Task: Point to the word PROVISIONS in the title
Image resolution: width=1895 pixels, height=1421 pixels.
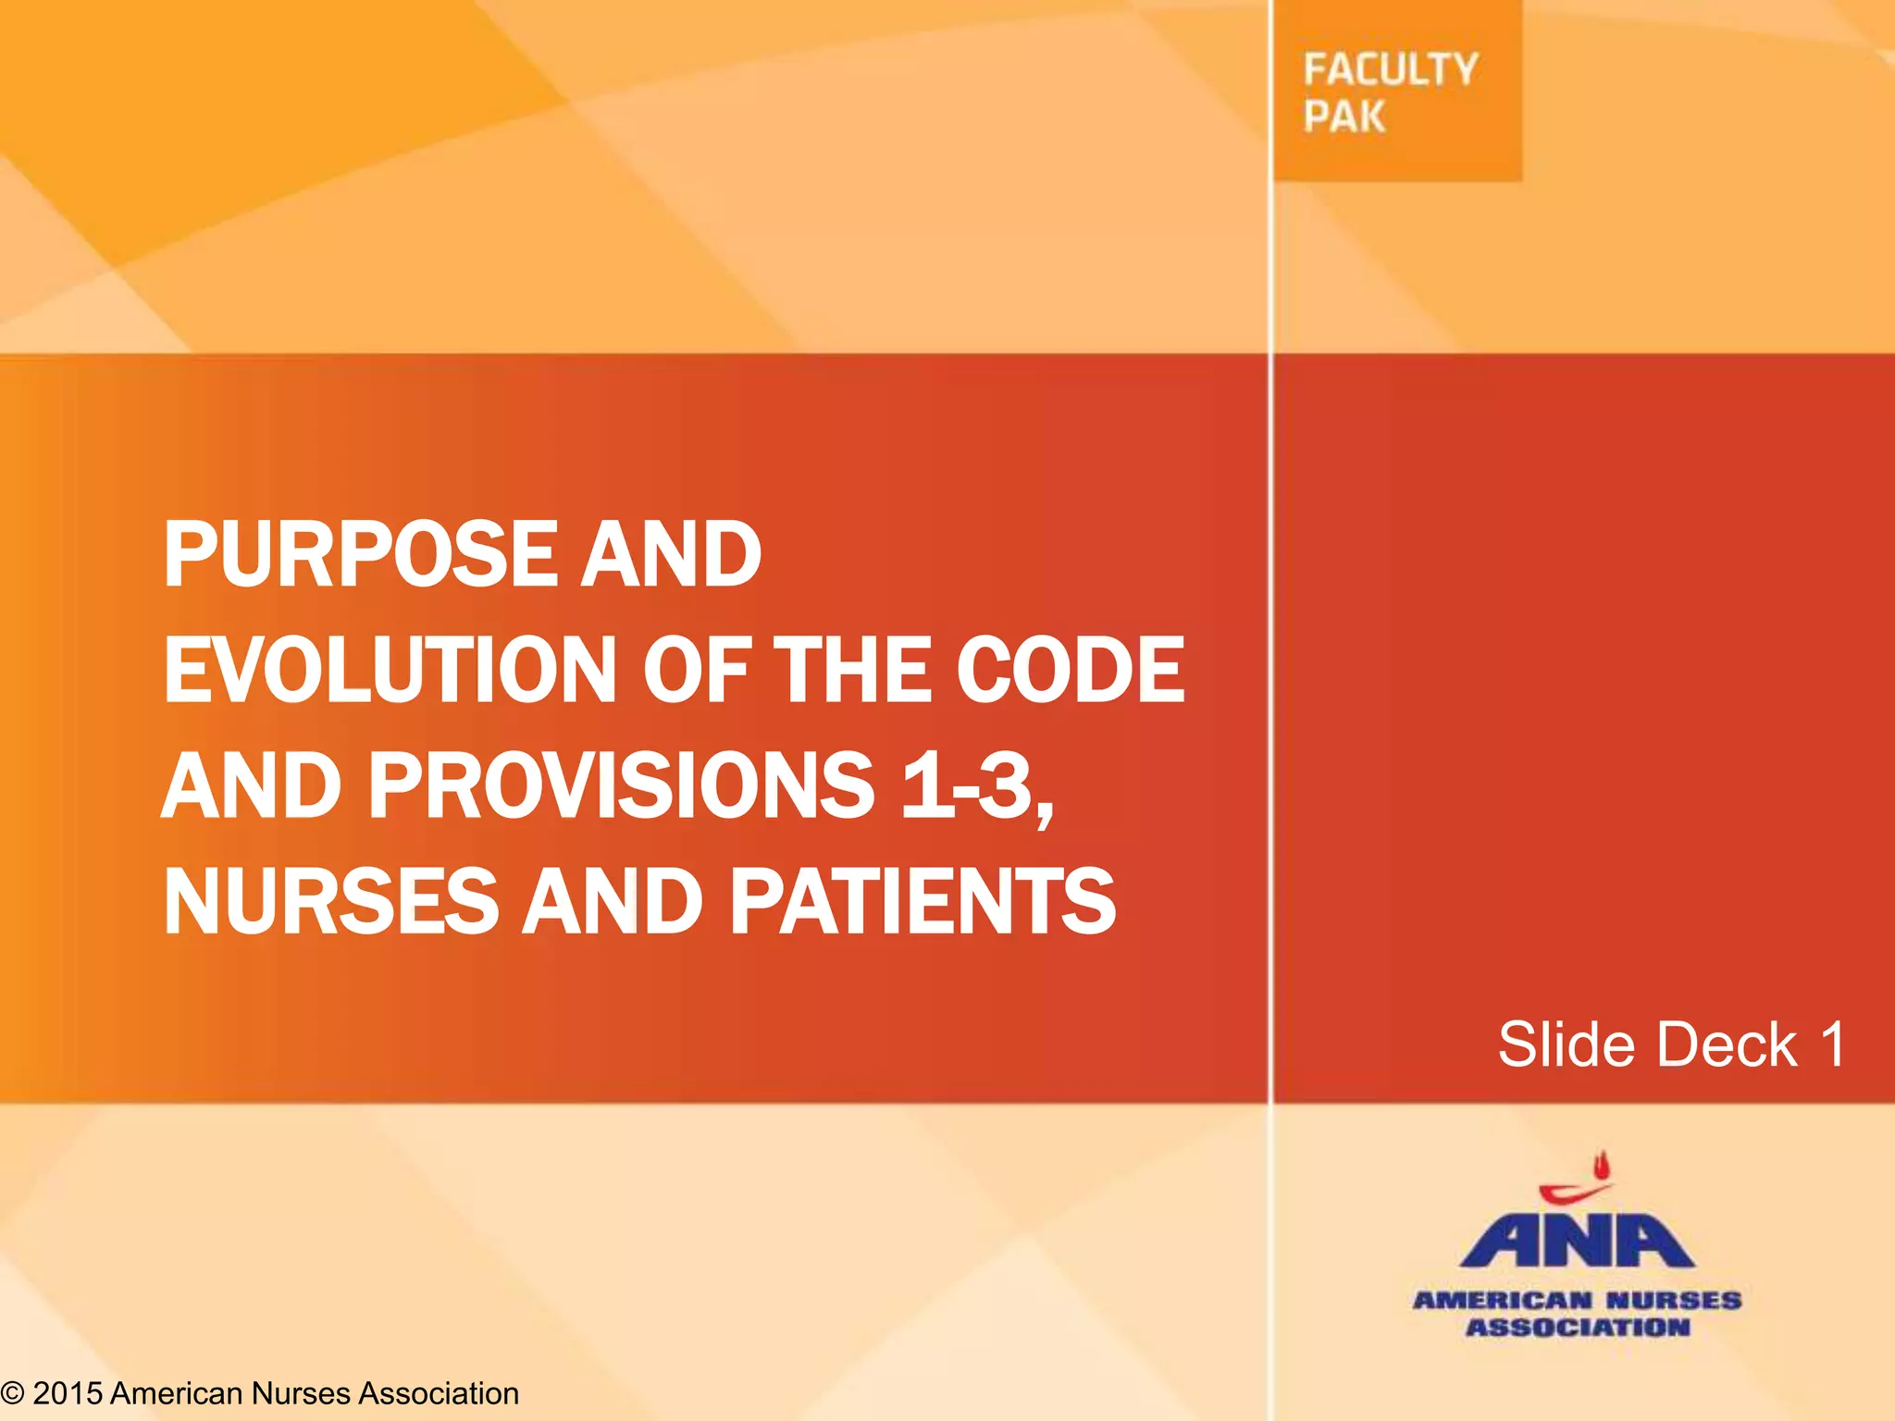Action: tap(621, 785)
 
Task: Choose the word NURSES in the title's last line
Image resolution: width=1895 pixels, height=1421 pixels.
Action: tap(330, 901)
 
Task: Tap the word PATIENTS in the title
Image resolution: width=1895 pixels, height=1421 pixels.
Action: tap(923, 901)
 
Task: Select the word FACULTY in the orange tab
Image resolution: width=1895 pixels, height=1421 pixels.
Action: tap(1390, 70)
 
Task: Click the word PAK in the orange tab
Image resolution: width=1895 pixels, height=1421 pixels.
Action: tap(1344, 117)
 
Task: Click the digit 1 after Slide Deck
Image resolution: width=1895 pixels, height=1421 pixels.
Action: tap(1833, 1044)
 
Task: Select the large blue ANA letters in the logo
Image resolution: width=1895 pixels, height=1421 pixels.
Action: tap(1577, 1240)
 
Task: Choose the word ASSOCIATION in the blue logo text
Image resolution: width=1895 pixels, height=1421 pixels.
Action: tap(1578, 1328)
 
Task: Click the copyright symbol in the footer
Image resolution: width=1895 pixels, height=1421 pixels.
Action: tap(12, 1393)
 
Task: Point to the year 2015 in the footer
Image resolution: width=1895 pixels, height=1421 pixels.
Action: tap(67, 1393)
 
